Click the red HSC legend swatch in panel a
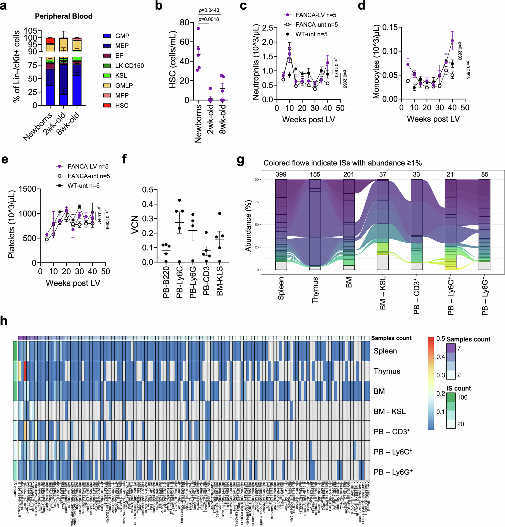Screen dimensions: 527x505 107,105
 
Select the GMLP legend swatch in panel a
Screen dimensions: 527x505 107,86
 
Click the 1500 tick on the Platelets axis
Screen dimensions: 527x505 28,189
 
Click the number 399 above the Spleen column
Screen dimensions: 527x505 281,175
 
